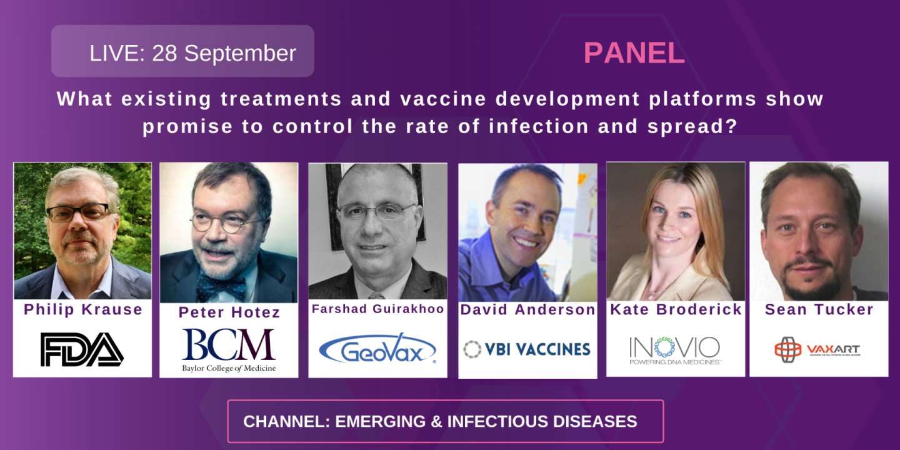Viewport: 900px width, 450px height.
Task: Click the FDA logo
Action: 82,349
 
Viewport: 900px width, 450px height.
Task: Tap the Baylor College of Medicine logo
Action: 229,349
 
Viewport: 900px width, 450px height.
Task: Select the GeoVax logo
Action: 377,348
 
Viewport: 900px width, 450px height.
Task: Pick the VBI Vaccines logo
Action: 527,349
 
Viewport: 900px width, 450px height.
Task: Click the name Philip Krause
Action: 83,310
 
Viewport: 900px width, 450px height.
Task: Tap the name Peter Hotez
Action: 229,312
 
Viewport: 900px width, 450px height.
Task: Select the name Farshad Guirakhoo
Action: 377,309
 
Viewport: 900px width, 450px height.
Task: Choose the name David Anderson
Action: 527,309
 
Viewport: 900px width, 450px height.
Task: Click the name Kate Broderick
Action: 676,309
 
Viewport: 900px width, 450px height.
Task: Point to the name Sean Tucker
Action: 819,309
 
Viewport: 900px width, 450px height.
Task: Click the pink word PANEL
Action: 634,54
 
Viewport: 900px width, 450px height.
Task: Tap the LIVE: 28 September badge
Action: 182,52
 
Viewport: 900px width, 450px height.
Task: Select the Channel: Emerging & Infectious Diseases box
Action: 445,421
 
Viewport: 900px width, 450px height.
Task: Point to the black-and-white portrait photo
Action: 377,231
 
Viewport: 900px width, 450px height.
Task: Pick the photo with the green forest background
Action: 82,231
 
